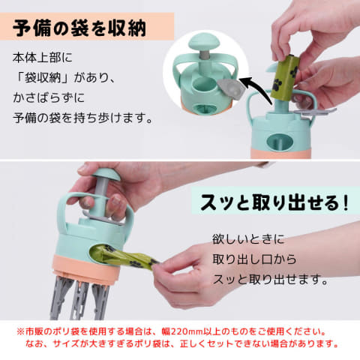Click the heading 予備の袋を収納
(x=79, y=28)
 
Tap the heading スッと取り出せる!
(x=274, y=202)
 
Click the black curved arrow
(x=255, y=88)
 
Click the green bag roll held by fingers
(x=284, y=76)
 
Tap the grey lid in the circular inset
(x=231, y=89)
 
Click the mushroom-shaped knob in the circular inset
(x=205, y=43)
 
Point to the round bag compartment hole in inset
(x=205, y=84)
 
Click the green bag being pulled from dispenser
(x=125, y=256)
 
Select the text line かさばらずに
(x=49, y=97)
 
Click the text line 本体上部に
(x=43, y=58)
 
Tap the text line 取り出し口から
(x=254, y=259)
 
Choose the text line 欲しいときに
(x=248, y=239)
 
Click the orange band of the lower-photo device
(x=86, y=268)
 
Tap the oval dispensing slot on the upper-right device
(x=280, y=142)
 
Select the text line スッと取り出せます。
(x=270, y=279)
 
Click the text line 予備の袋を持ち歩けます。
(x=82, y=118)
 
